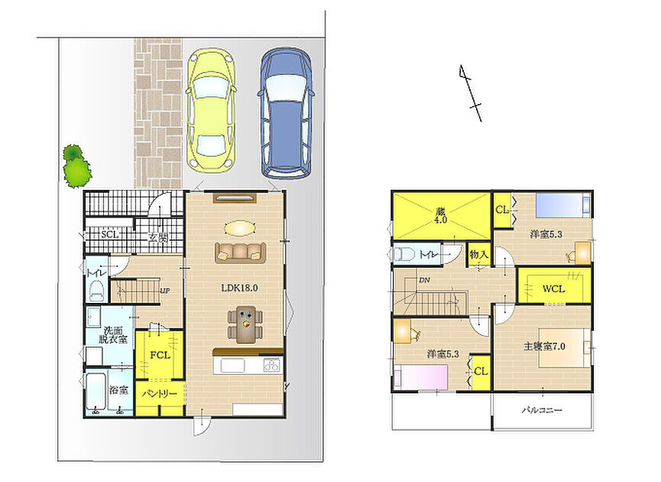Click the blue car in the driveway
click(287, 113)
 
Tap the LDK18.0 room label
click(239, 288)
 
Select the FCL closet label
click(160, 356)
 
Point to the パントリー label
click(160, 394)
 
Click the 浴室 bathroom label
click(118, 390)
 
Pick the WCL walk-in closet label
click(553, 289)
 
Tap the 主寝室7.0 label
click(544, 347)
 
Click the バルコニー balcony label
click(542, 410)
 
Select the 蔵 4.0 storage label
click(441, 216)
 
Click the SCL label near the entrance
click(109, 234)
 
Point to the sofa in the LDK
click(240, 252)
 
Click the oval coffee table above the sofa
click(240, 228)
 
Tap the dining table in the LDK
click(246, 324)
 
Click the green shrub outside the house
click(76, 166)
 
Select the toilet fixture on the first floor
click(97, 291)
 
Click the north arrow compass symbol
click(471, 93)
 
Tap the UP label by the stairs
click(165, 291)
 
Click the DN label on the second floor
click(425, 280)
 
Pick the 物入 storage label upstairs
click(479, 254)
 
